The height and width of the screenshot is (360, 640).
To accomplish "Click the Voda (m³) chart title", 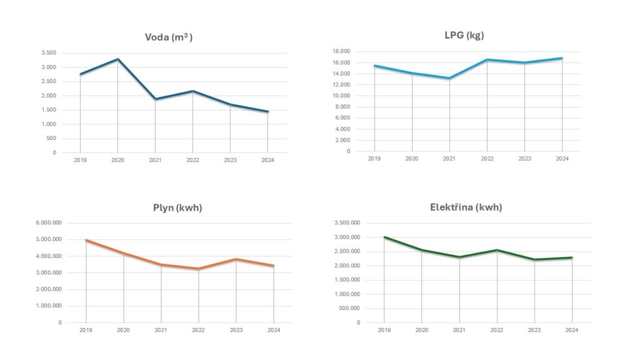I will [168, 37].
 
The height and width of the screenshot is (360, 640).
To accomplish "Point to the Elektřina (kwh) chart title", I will [466, 207].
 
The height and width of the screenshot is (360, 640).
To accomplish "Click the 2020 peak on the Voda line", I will [117, 59].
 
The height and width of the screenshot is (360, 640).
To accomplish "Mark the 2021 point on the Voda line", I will [155, 99].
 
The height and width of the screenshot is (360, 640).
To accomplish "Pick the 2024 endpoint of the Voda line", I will [267, 112].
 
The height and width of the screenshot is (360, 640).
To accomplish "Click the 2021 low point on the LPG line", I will [449, 78].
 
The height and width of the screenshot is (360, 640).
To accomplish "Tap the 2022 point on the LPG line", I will [487, 60].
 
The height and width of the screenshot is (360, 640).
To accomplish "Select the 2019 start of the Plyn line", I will [86, 240].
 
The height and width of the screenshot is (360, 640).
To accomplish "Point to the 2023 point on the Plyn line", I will [236, 259].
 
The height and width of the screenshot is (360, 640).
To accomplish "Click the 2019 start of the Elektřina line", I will [384, 237].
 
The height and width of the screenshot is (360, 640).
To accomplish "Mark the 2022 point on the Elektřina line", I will [497, 250].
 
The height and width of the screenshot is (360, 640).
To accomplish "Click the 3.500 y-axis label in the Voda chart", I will [49, 52].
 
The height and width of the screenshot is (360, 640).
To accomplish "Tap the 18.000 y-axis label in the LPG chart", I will [358, 51].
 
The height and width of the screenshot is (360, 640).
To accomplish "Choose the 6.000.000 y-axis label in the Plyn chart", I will [48, 223].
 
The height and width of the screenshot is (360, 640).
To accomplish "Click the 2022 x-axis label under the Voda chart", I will [192, 161].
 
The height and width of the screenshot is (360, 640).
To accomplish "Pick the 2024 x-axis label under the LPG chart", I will [562, 159].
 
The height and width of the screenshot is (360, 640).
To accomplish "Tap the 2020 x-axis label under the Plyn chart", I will [123, 330].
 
